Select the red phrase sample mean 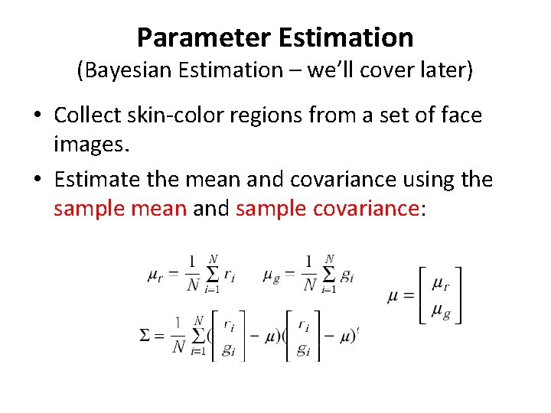pos(120,207)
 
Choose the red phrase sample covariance pos(328,207)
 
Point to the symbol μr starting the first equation pos(155,276)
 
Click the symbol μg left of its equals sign pos(270,276)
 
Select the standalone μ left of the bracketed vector pos(394,296)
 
